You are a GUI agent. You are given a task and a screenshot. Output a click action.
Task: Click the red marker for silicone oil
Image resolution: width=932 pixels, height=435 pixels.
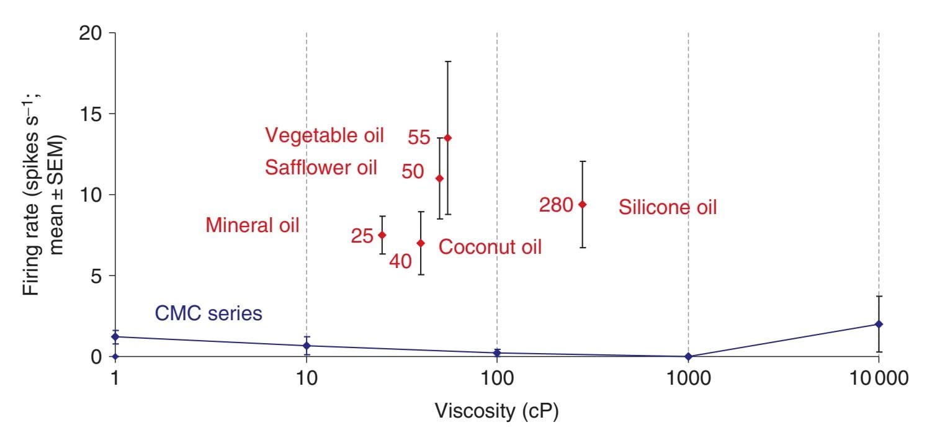click(582, 204)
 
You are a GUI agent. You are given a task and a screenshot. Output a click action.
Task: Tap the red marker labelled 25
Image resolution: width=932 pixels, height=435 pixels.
click(382, 235)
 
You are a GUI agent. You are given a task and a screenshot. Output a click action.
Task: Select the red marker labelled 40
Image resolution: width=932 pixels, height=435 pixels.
click(420, 243)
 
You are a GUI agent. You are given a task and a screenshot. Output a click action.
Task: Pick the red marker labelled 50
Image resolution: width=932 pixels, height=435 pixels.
click(439, 178)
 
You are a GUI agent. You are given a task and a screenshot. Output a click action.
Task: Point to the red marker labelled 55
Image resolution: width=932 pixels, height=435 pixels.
click(448, 138)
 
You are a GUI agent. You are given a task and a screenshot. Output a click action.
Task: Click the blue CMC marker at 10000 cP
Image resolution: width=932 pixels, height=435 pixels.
click(879, 324)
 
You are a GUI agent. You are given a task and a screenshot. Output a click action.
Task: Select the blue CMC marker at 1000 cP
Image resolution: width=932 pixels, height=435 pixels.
click(688, 356)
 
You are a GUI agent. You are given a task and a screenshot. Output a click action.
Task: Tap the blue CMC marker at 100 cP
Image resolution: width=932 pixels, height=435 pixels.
click(497, 352)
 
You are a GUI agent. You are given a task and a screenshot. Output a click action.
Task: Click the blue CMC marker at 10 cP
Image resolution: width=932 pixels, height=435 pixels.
click(307, 346)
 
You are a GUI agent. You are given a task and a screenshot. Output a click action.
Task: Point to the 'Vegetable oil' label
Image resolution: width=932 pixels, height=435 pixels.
click(325, 135)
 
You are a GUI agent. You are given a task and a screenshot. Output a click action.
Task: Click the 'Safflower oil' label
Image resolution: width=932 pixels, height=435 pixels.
click(321, 168)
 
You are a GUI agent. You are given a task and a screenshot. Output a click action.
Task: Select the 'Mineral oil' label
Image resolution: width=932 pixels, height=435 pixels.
click(253, 225)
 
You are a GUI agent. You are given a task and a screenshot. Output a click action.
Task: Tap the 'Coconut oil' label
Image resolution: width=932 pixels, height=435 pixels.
click(490, 247)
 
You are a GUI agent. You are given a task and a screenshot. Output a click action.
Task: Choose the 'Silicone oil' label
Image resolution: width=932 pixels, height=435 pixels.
click(667, 207)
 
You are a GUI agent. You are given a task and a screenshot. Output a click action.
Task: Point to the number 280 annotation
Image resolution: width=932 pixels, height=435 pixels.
click(556, 205)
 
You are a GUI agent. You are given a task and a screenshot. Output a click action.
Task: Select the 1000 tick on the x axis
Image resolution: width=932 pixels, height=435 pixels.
click(688, 377)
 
